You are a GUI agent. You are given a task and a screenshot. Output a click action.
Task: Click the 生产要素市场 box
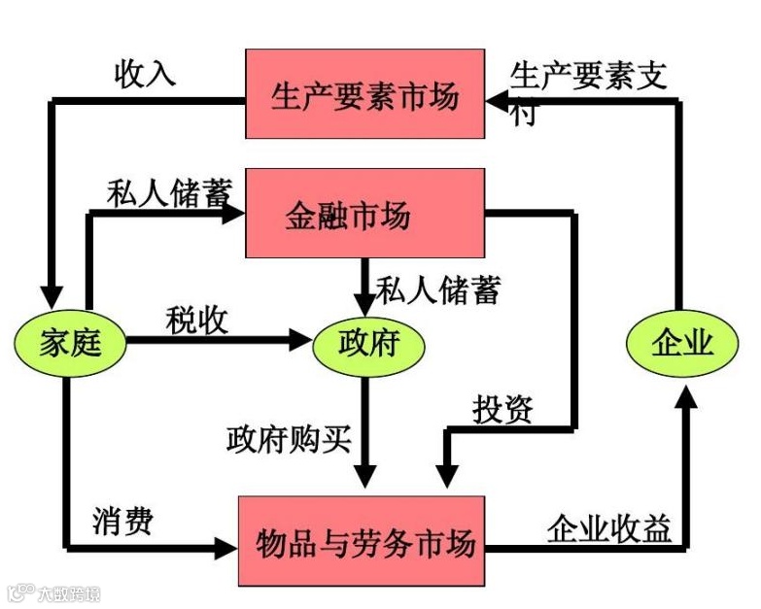point(364,95)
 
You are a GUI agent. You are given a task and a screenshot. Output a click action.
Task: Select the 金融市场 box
point(364,213)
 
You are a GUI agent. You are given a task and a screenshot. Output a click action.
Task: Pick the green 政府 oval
point(367,342)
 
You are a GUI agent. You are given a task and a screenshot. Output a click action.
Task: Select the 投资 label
point(502,409)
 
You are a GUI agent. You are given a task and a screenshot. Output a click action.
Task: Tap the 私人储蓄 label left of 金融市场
point(168,194)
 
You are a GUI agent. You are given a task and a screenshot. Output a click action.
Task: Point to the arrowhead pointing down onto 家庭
point(51,296)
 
